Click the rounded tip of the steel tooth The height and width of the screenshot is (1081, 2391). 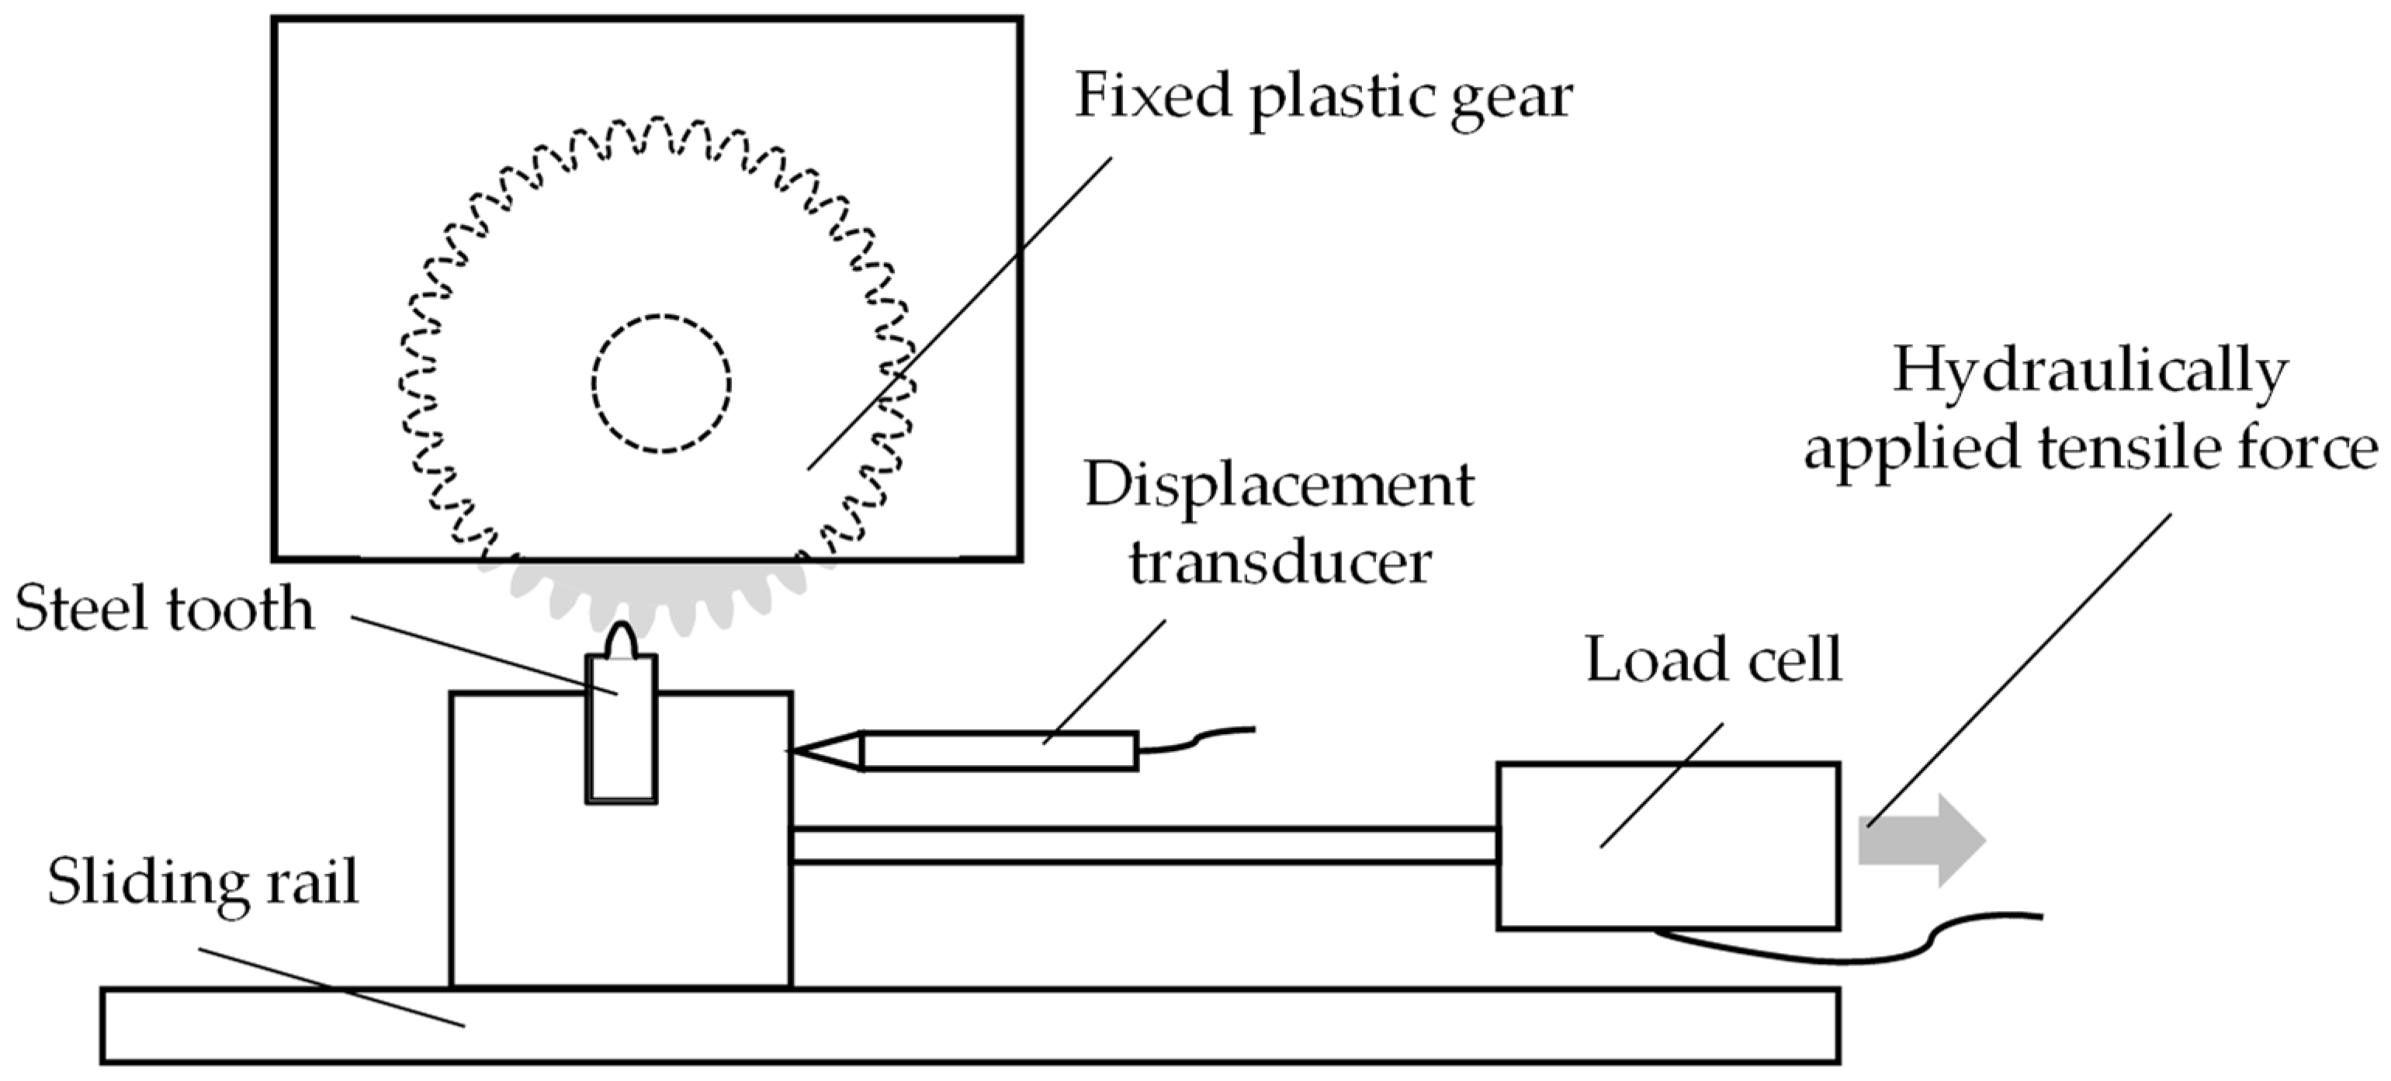[621, 640]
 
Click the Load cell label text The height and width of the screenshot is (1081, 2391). [1714, 660]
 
